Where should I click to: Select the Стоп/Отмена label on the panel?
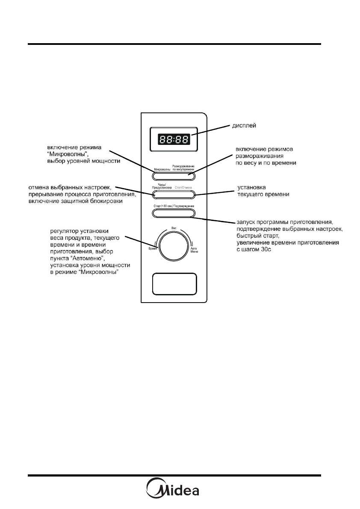click(184, 188)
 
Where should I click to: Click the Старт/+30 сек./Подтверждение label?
click(174, 206)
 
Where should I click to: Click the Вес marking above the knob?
click(174, 227)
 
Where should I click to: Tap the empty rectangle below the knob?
click(174, 284)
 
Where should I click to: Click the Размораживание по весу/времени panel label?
click(183, 168)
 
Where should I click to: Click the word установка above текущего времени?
click(251, 187)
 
